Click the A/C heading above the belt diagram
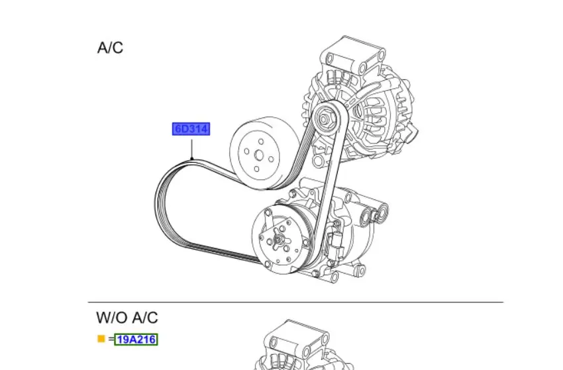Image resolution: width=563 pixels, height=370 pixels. point(110,48)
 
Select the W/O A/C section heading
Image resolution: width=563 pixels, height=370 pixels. point(127,318)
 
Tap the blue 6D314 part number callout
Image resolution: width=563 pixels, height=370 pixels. point(191,129)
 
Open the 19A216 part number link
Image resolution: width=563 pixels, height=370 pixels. point(136,339)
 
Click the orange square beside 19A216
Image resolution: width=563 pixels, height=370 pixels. point(101,339)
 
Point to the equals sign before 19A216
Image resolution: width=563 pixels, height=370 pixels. point(111,339)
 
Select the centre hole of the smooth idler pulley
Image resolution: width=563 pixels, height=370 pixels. point(259,156)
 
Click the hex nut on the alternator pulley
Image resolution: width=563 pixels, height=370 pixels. point(325,118)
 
